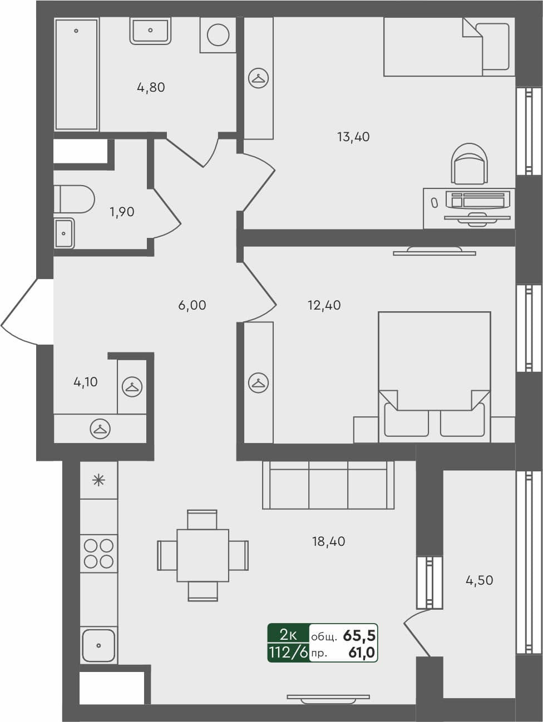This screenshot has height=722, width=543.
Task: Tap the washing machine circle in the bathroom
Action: (218, 35)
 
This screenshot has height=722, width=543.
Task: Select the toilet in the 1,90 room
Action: (75, 199)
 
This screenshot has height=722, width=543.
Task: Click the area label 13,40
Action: (353, 137)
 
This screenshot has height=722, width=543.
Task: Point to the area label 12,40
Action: (324, 305)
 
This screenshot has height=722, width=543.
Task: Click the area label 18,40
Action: (329, 541)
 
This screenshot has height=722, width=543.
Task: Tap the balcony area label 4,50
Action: (479, 580)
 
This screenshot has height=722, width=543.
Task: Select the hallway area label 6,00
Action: (192, 305)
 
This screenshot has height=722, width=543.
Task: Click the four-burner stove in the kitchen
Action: (99, 553)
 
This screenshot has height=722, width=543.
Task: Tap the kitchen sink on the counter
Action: (99, 645)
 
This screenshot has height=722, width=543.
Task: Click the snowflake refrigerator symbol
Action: (98, 480)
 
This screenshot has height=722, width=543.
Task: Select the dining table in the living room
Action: (203, 555)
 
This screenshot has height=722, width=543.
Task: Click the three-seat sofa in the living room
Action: (328, 485)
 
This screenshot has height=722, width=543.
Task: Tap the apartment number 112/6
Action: (288, 653)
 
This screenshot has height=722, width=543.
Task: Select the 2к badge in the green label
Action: (288, 634)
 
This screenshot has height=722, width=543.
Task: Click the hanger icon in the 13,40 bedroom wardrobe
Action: (258, 78)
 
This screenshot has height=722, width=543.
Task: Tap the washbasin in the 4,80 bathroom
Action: (150, 31)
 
